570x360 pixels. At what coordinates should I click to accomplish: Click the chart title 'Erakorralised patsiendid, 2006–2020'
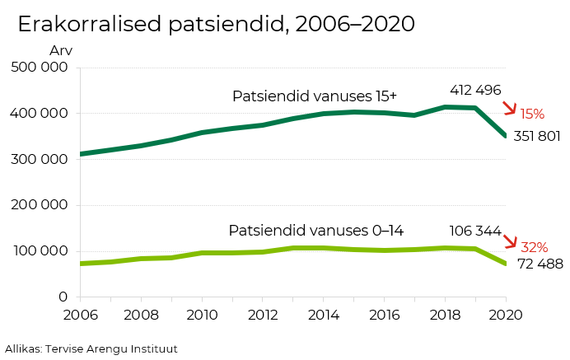coord(216,25)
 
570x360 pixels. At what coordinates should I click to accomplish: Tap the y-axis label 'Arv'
coord(60,51)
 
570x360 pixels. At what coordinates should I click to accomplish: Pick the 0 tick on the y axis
coord(62,297)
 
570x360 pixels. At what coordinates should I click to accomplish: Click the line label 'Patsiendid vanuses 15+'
coord(314,96)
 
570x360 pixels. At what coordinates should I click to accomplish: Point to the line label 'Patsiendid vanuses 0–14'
coord(315,231)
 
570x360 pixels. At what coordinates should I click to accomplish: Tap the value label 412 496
coord(475,91)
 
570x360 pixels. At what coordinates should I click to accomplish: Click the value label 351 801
coord(536,136)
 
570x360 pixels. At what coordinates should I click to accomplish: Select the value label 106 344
coord(475,231)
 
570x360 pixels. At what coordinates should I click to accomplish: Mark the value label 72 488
coord(540,264)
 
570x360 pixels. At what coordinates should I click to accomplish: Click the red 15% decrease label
coord(532,115)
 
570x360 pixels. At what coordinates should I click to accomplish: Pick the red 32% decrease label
coord(535,247)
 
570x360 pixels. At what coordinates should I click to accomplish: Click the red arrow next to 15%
coord(510,108)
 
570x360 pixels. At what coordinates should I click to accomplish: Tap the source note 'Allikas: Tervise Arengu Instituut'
coord(91,349)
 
